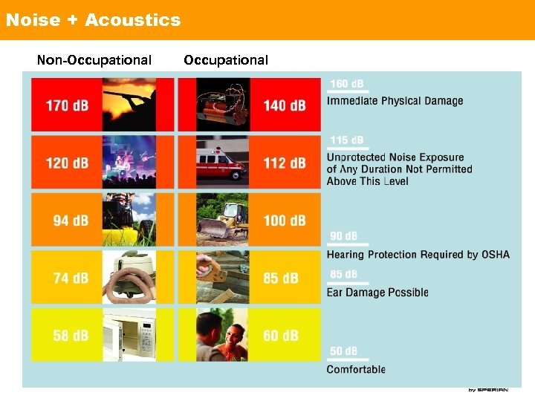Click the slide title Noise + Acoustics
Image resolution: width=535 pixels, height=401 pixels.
[93, 20]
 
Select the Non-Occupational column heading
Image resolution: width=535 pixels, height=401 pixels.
[94, 60]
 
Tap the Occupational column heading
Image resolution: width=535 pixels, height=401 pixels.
[226, 60]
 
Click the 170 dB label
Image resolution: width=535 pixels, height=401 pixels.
[67, 105]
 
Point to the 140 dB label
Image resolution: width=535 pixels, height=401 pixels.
[285, 105]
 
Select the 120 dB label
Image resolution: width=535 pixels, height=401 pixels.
[67, 163]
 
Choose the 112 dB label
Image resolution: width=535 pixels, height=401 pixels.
[285, 163]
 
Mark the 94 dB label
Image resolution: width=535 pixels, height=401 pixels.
[71, 221]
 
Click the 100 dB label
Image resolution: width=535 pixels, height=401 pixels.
[285, 221]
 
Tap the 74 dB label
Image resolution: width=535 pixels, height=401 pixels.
[71, 278]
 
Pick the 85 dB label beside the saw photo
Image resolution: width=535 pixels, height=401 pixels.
[281, 278]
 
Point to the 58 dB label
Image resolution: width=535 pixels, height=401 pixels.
[71, 336]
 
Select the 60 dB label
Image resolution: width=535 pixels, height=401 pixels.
[281, 336]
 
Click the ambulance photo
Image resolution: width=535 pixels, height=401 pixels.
[222, 163]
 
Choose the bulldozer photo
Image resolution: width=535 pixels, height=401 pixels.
[222, 221]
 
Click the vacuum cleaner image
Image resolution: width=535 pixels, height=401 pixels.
[129, 278]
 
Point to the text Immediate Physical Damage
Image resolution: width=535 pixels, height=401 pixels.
[395, 101]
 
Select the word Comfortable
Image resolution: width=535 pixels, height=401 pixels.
[356, 369]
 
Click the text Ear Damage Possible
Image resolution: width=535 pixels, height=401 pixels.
[377, 293]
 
